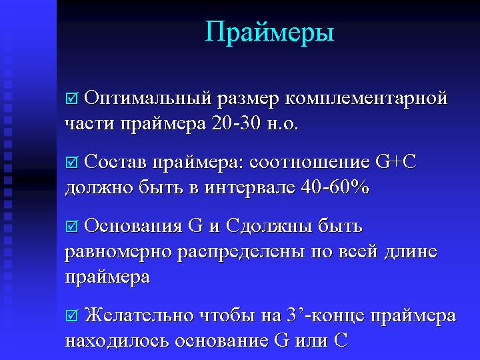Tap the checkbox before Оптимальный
click(x=71, y=98)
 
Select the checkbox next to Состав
click(x=71, y=162)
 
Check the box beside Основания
click(x=71, y=226)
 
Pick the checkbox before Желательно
click(x=71, y=315)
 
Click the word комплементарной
click(x=367, y=99)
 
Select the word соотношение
click(x=309, y=162)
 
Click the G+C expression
click(x=396, y=161)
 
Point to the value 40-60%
click(x=335, y=187)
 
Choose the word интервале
click(x=250, y=187)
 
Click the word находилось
click(x=117, y=341)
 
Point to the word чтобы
click(x=227, y=315)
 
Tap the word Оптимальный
click(x=147, y=99)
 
